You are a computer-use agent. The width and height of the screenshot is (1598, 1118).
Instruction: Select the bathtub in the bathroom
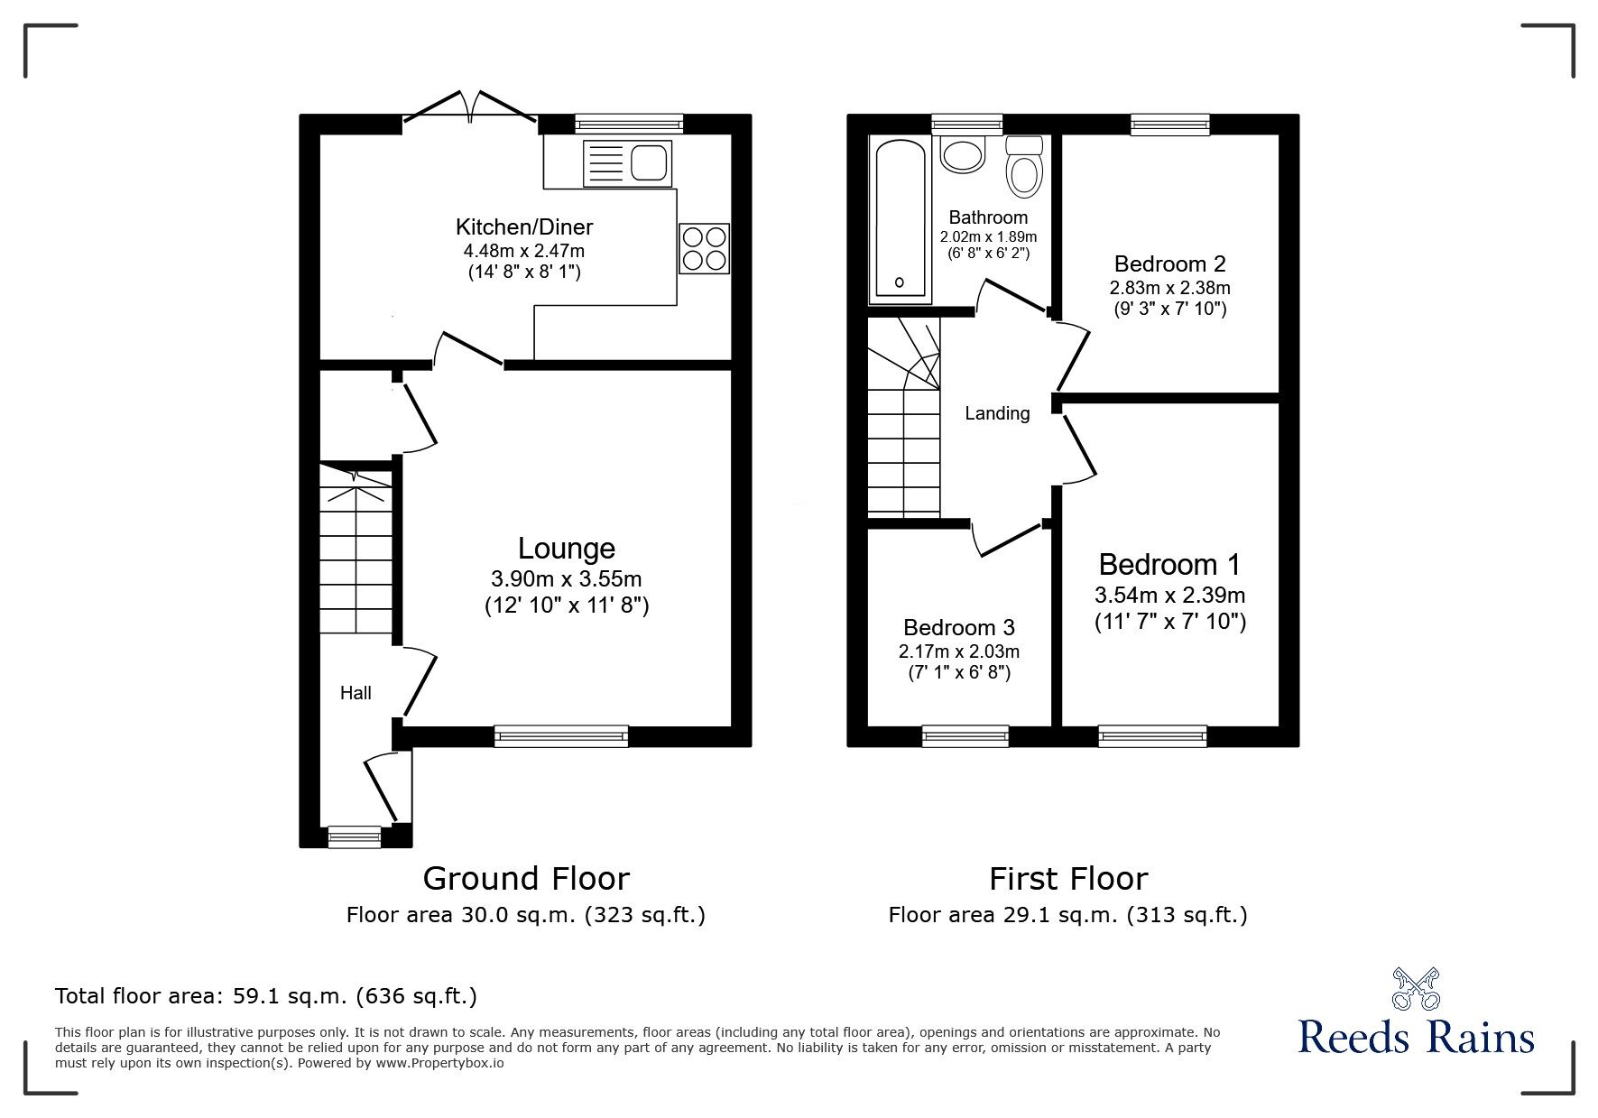click(899, 219)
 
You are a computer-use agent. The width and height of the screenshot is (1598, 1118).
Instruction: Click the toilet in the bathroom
click(1024, 167)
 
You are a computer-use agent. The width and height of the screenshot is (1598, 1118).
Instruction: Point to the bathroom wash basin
click(963, 153)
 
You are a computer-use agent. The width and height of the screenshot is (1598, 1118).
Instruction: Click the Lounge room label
click(566, 548)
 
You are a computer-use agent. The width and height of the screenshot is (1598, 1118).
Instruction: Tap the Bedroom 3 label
click(958, 627)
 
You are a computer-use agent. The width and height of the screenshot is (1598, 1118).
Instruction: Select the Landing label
click(997, 413)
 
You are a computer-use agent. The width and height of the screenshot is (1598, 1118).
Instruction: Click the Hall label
click(356, 693)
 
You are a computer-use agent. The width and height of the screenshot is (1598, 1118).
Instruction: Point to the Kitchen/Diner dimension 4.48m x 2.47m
click(524, 251)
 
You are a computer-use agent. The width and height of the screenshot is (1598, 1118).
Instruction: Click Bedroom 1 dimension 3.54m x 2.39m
click(1169, 595)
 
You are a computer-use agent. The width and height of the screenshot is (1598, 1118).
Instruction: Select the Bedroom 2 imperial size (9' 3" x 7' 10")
click(1169, 310)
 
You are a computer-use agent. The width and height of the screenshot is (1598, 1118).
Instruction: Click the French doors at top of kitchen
click(470, 107)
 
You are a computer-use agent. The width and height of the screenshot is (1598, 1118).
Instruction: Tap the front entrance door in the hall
click(382, 789)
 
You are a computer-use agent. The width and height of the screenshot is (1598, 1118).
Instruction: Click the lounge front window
click(561, 736)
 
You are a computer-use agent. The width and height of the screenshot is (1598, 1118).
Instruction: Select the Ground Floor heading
click(526, 878)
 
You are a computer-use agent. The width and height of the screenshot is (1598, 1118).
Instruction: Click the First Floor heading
click(1068, 878)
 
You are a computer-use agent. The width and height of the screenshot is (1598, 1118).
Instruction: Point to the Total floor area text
click(266, 996)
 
